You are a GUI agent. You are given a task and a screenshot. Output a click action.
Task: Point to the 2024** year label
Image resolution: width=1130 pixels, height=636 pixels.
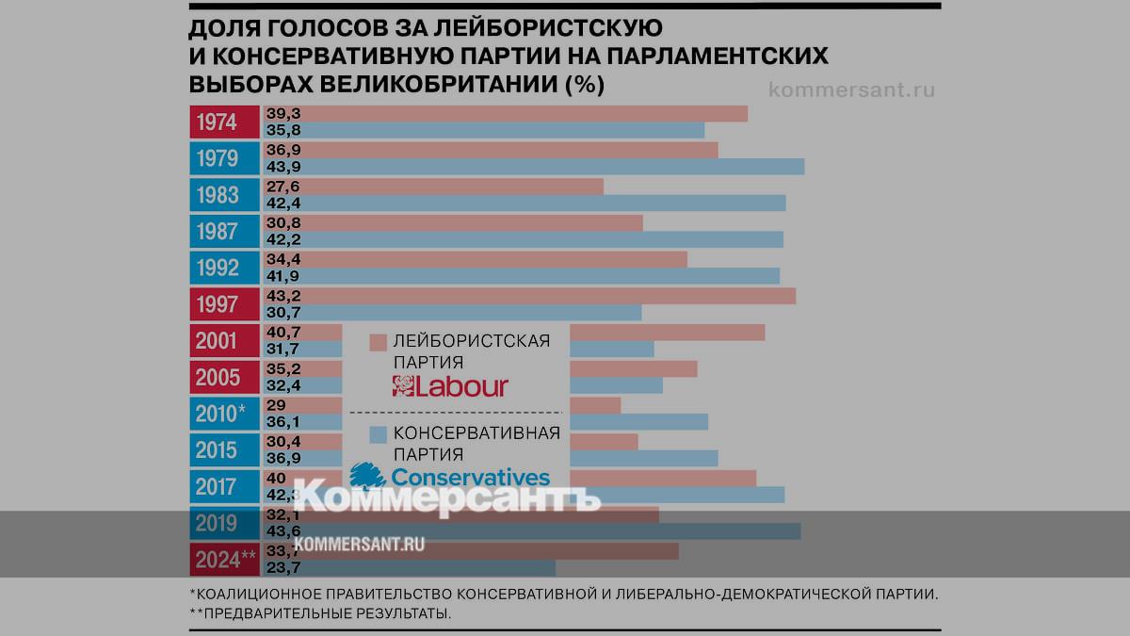tap(225, 560)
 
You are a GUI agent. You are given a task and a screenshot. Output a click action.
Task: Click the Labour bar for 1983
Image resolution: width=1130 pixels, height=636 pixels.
tap(452, 187)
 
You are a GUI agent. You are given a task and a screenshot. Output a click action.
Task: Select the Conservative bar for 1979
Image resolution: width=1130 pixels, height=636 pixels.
tap(556, 167)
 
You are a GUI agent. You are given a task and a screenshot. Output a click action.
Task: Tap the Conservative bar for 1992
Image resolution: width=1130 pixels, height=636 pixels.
tap(541, 275)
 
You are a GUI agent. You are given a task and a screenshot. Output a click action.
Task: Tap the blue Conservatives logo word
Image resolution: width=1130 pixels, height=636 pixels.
tap(470, 478)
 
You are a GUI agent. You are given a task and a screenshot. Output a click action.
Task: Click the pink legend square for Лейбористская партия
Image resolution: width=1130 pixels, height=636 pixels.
tap(379, 341)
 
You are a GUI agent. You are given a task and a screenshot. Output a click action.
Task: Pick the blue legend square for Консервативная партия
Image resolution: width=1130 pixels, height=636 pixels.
tap(379, 434)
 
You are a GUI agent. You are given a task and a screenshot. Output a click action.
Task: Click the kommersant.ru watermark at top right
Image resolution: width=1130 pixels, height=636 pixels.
tap(851, 90)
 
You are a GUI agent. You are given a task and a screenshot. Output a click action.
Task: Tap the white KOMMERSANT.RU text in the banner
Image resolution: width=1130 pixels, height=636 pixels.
tap(358, 544)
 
